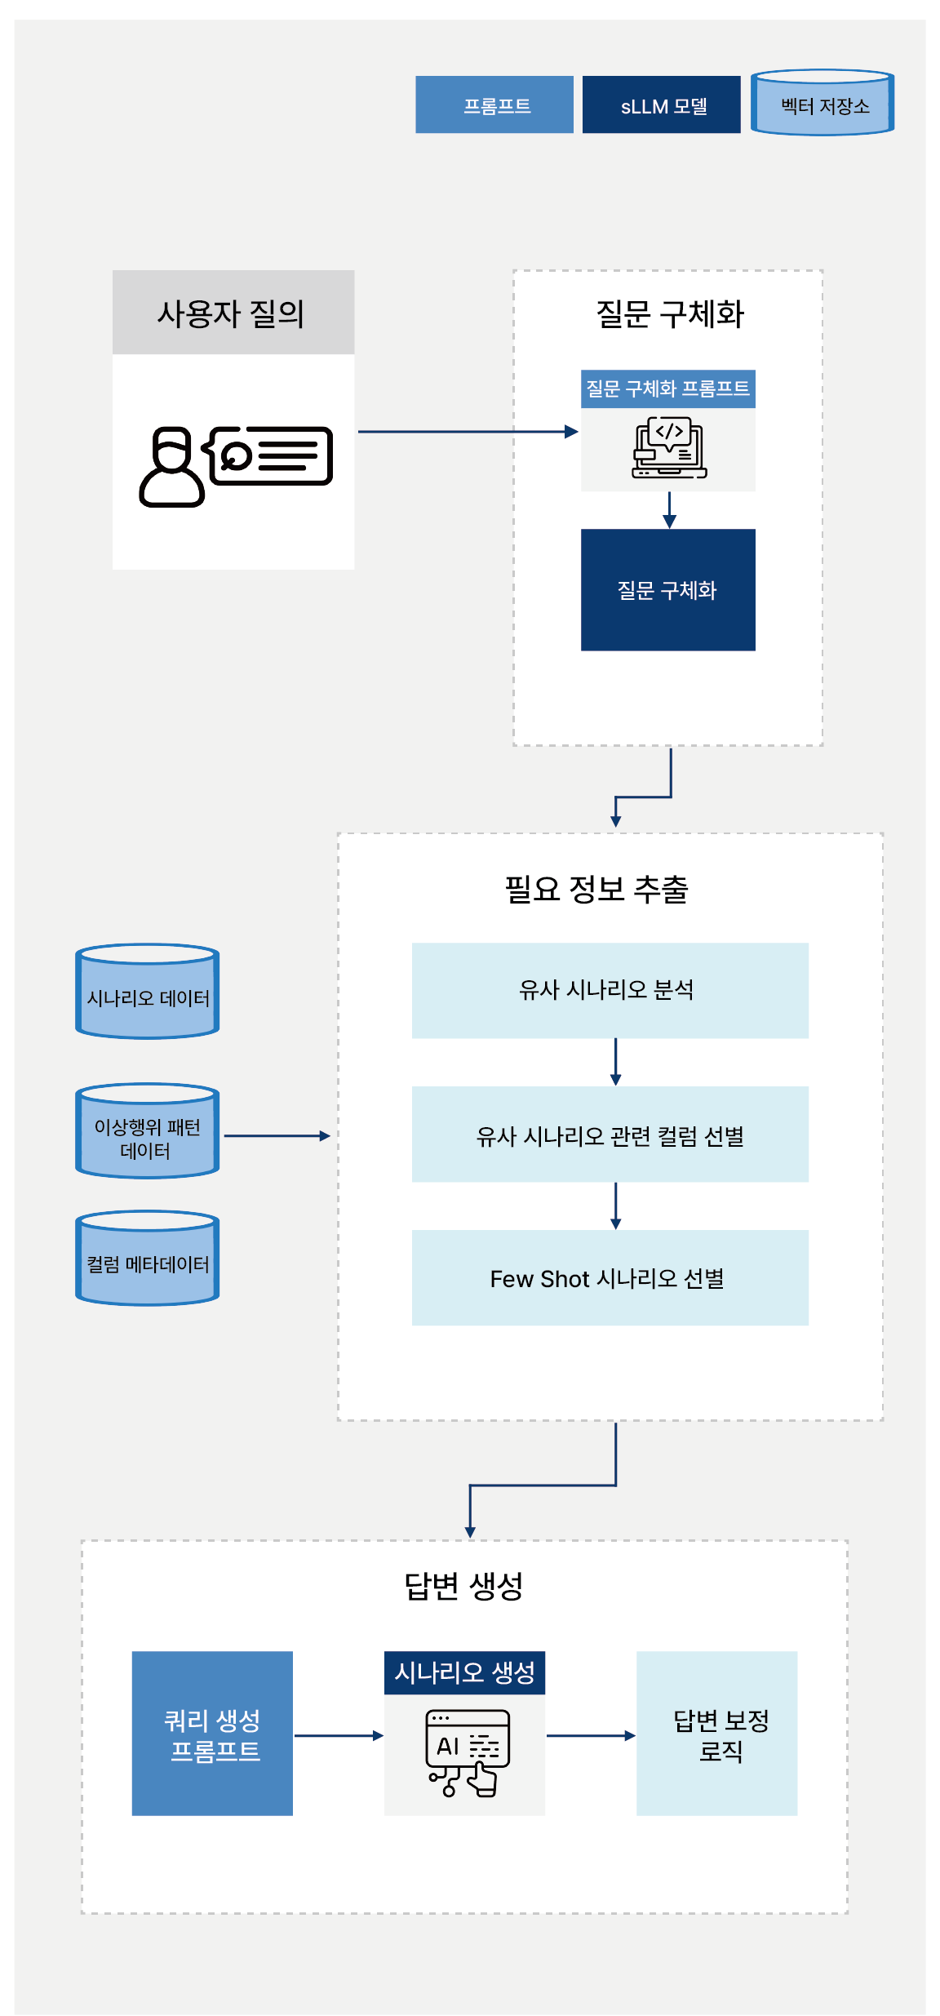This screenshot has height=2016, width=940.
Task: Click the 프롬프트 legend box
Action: tap(494, 104)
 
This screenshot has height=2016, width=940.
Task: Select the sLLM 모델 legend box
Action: tap(661, 104)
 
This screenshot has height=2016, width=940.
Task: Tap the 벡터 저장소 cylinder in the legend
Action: tap(822, 104)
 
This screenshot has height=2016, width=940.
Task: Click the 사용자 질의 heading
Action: tap(233, 313)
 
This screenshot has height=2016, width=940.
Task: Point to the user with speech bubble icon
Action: tap(235, 465)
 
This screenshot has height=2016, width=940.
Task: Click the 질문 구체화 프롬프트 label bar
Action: tap(667, 389)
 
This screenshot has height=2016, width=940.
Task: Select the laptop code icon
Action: tap(669, 449)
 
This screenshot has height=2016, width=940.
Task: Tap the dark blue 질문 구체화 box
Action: tap(667, 589)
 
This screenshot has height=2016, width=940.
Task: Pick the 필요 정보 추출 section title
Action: tap(596, 889)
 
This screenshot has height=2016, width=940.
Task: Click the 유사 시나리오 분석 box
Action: tap(610, 990)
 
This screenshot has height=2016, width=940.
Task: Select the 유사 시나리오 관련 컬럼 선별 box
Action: tap(610, 1135)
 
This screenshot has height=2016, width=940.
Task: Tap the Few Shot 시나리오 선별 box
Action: tap(610, 1278)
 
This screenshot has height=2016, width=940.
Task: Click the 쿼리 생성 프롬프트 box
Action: tap(212, 1734)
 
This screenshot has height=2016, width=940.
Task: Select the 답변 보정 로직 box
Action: tap(716, 1734)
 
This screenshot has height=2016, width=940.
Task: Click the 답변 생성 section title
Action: tap(463, 1585)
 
